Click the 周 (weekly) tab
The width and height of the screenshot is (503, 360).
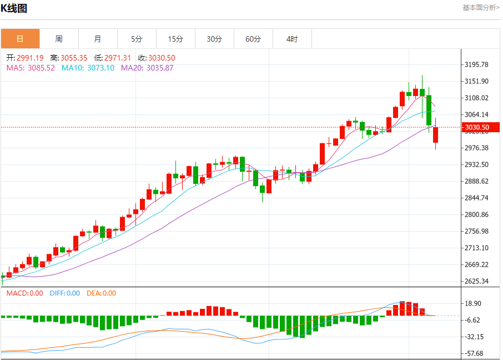59,39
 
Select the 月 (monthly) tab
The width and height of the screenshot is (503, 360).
98,39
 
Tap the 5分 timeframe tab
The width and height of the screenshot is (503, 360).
137,39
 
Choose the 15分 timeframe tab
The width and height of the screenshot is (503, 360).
175,39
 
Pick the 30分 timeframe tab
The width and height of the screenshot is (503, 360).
214,39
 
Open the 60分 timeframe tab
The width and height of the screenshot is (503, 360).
253,39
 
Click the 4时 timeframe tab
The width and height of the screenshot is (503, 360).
292,39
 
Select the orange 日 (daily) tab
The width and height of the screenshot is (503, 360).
20,39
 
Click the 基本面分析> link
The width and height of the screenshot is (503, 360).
480,8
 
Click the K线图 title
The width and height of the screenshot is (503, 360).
14,8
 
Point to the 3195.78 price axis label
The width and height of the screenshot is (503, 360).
476,64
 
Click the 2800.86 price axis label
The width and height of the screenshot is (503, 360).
476,214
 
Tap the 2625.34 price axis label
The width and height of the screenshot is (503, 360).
476,281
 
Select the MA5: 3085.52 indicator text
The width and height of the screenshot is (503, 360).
31,68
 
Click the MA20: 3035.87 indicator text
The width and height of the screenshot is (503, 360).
147,68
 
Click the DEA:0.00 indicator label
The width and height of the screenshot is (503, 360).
101,293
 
